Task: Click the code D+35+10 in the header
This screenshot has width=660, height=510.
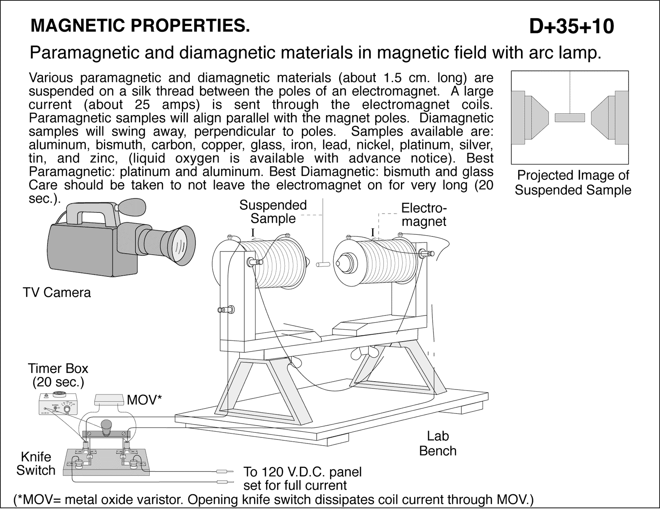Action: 571,26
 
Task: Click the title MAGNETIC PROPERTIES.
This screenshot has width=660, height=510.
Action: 140,26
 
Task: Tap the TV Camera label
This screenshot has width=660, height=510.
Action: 57,293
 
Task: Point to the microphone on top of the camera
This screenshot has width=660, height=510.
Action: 132,206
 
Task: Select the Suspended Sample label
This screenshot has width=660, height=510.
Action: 273,212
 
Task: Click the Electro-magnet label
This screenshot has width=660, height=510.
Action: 424,215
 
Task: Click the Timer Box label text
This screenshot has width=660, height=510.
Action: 58,375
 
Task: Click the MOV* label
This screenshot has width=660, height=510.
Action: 144,399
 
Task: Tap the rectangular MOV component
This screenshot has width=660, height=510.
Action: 110,399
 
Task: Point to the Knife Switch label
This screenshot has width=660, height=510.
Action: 35,463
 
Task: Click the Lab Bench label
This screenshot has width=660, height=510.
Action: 438,443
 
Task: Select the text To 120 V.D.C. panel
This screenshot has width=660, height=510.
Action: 302,471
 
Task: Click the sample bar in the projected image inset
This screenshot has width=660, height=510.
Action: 570,118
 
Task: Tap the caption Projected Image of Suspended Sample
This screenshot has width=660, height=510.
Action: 573,182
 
